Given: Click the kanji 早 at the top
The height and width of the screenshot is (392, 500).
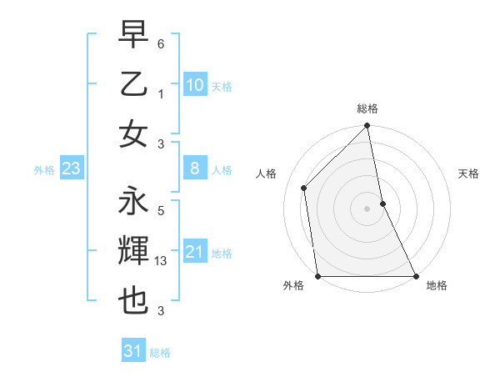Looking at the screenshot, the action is [133, 34].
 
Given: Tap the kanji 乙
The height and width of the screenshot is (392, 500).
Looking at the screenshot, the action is [133, 84].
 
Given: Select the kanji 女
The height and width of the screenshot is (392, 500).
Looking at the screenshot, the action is [133, 134].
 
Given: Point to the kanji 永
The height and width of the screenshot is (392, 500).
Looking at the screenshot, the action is [133, 201].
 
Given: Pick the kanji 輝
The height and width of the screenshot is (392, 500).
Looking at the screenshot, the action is [133, 251].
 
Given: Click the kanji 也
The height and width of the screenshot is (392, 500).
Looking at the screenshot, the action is [133, 301].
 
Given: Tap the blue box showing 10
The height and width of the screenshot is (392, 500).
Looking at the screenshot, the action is [195, 85].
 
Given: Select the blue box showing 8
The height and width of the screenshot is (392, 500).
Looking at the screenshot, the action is [195, 169].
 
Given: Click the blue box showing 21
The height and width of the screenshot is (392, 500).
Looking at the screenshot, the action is [195, 252].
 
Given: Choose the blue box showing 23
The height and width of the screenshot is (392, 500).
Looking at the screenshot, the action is [71, 169].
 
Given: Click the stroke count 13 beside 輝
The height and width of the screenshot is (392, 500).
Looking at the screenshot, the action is [162, 261].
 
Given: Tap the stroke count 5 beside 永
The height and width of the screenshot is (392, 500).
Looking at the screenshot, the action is [160, 210].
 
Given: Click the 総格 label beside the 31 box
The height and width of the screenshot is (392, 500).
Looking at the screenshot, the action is [160, 353].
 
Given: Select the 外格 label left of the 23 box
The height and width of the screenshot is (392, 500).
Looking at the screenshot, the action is [44, 170].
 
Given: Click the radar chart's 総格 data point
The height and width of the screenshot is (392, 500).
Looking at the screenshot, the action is [367, 127].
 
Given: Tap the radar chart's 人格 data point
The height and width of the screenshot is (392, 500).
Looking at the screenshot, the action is [304, 188].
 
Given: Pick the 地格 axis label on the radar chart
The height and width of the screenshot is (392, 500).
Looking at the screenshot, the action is [437, 285].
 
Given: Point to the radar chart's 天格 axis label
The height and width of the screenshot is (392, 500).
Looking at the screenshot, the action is [468, 173].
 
